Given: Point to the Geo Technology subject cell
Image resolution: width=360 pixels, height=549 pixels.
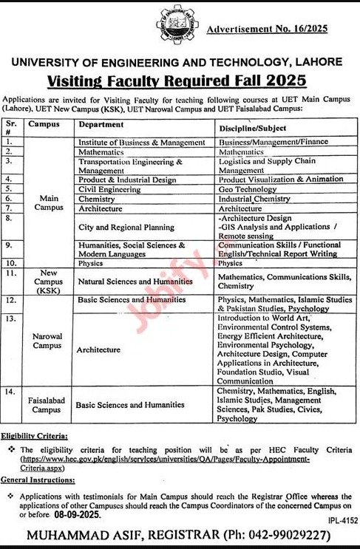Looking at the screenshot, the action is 248,188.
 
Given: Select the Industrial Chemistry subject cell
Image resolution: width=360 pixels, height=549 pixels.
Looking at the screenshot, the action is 255,199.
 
